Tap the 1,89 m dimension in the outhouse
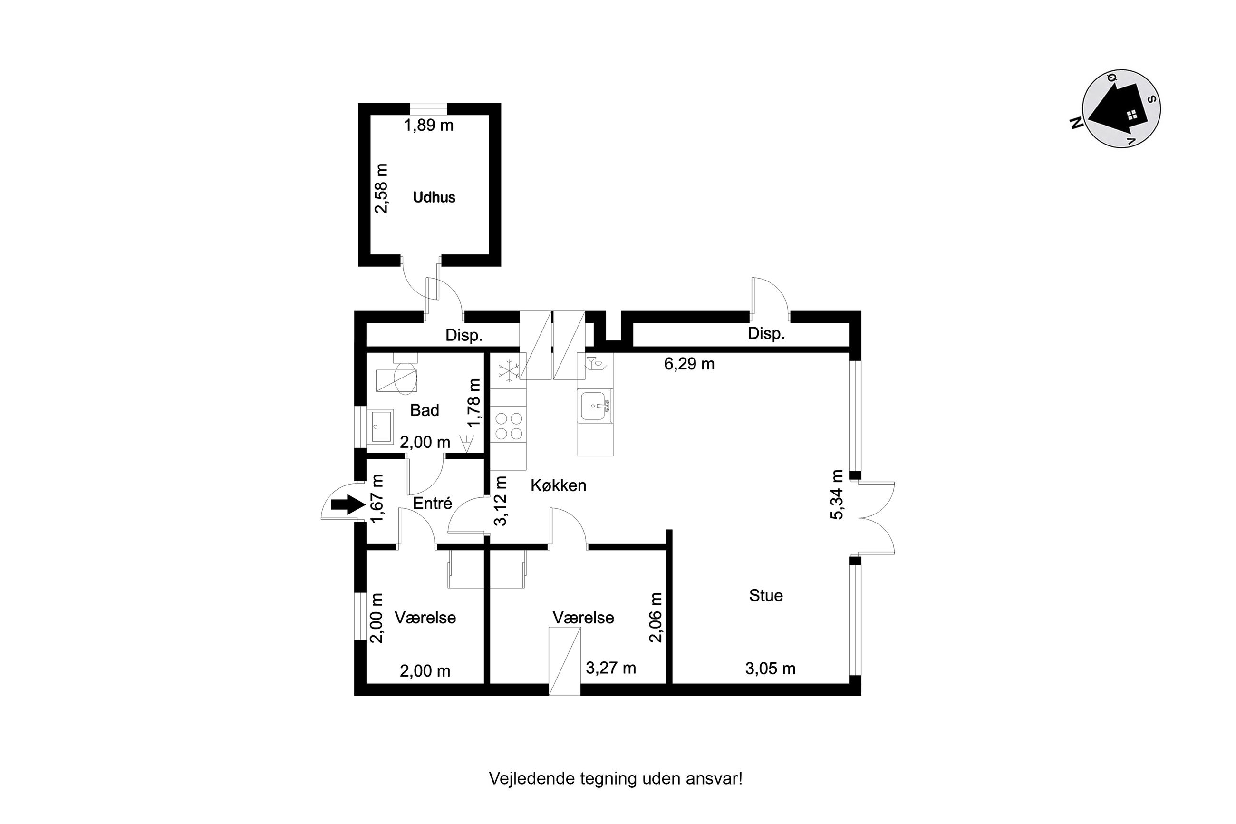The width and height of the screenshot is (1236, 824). pos(428,126)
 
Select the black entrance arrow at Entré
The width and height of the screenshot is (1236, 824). pos(348,505)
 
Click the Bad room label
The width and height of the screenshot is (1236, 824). pos(425,410)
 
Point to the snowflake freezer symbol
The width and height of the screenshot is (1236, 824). pos(509,370)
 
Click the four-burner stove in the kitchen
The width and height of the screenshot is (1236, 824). pos(509,426)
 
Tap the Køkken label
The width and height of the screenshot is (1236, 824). pos(559,485)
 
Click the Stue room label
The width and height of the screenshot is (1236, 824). pos(766,595)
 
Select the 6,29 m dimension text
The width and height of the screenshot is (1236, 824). pos(689,364)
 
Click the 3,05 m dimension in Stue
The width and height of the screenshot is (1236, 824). pos(770,669)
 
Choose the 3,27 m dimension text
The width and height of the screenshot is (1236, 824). pos(611,668)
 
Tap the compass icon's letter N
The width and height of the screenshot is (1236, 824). pos(1076,123)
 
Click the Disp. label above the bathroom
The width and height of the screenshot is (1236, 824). pos(464,335)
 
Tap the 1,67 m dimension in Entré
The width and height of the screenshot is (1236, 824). pos(377,499)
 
